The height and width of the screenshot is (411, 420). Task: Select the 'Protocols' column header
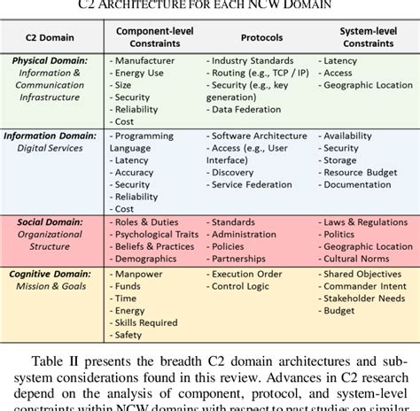(263, 38)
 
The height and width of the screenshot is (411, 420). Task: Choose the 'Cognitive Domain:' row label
(51, 275)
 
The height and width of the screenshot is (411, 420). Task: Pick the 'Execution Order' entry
(250, 275)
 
